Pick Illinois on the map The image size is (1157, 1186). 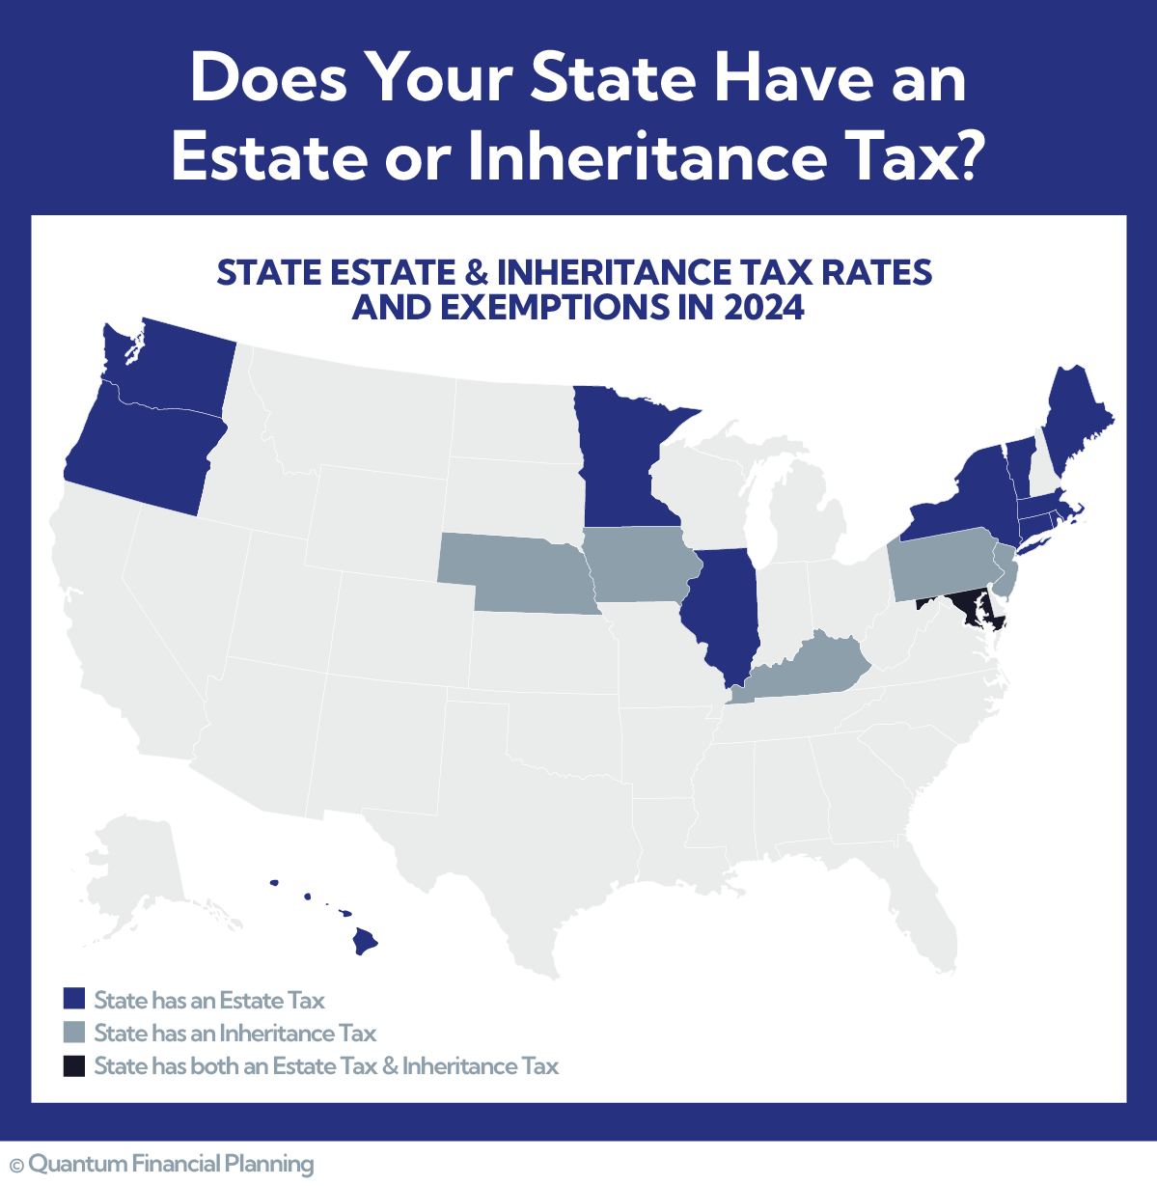point(724,608)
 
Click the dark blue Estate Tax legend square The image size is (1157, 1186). point(74,1000)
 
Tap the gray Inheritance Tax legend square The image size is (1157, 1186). point(74,1033)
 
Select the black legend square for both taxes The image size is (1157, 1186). point(74,1065)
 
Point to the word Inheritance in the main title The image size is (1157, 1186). point(647,157)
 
